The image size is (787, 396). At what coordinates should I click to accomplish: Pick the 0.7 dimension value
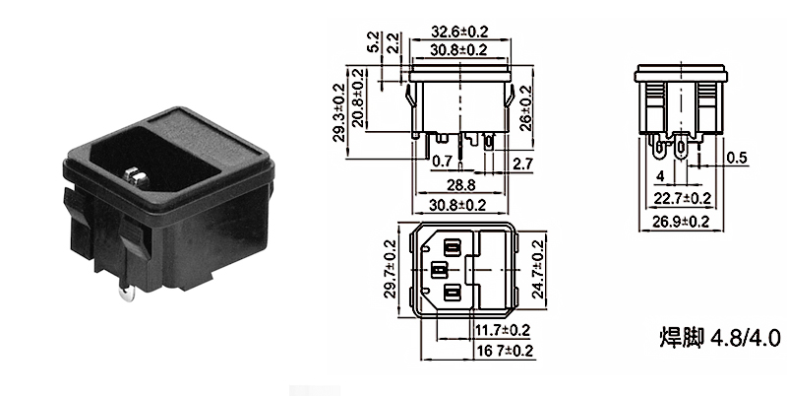point(443,160)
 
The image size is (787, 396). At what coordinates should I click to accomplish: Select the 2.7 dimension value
point(524,162)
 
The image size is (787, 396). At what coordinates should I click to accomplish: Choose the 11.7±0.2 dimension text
point(504,329)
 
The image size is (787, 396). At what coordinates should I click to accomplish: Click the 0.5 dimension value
point(736,158)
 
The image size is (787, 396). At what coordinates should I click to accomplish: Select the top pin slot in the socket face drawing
point(454,244)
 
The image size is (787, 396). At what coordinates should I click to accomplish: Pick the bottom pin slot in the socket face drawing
point(454,293)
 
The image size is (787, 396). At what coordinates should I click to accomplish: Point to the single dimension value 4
point(659,177)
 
